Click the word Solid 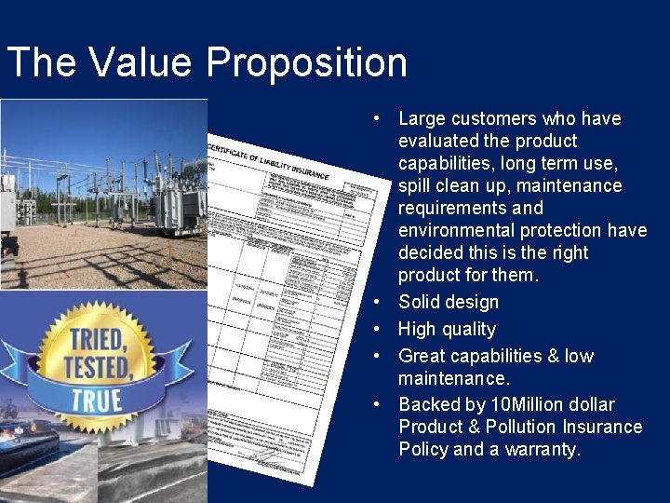point(422,302)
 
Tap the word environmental point(459,230)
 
